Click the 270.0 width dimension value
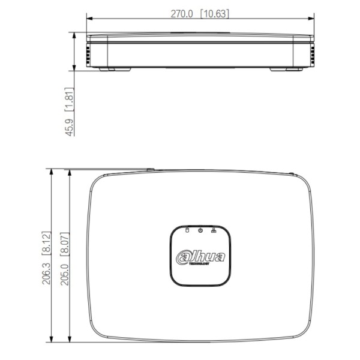pyautogui.click(x=182, y=13)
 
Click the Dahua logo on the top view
pyautogui.click(x=200, y=256)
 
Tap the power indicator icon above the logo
pyautogui.click(x=200, y=230)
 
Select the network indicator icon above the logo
pyautogui.click(x=214, y=230)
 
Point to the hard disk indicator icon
pyautogui.click(x=187, y=230)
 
